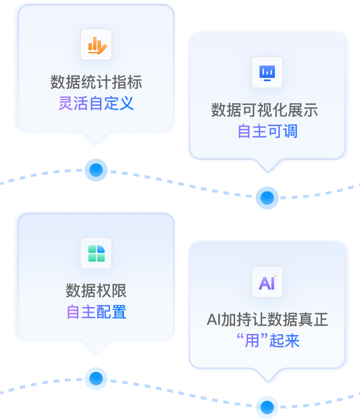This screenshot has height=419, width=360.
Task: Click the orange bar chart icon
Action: pyautogui.click(x=96, y=45)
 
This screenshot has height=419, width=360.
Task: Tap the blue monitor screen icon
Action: pyautogui.click(x=267, y=73)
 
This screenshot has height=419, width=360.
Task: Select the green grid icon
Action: pyautogui.click(x=96, y=253)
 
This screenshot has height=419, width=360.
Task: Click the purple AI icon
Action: pyautogui.click(x=267, y=282)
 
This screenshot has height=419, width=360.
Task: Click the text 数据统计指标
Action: pyautogui.click(x=96, y=82)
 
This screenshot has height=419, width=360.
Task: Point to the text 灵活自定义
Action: pyautogui.click(x=96, y=103)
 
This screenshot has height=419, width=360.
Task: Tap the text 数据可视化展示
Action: pyautogui.click(x=264, y=110)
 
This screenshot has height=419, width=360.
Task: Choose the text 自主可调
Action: pyautogui.click(x=268, y=131)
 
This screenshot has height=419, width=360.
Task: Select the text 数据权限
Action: pyautogui.click(x=96, y=291)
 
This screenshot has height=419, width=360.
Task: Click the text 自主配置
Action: pyautogui.click(x=96, y=312)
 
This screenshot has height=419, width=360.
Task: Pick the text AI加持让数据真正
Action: pyautogui.click(x=267, y=320)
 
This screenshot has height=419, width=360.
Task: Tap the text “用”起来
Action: pyautogui.click(x=268, y=341)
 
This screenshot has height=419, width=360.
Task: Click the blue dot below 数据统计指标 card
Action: pyautogui.click(x=96, y=170)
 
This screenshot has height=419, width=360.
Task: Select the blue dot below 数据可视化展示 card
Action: pyautogui.click(x=267, y=197)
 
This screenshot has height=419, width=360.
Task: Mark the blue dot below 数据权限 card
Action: pyautogui.click(x=96, y=378)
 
